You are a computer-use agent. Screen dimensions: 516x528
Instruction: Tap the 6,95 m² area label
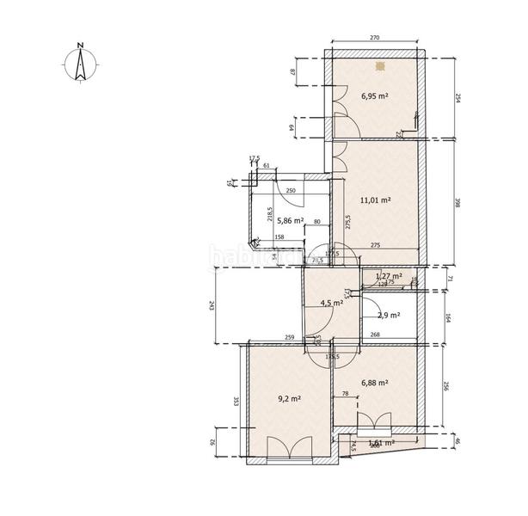pyautogui.click(x=375, y=96)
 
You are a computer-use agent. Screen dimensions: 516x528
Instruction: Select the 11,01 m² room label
pyautogui.click(x=376, y=200)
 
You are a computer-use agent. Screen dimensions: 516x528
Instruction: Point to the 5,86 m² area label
pyautogui.click(x=290, y=221)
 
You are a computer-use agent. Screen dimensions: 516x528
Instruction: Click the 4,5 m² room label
pyautogui.click(x=331, y=303)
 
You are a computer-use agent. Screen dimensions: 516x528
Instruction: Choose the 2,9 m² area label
pyautogui.click(x=390, y=316)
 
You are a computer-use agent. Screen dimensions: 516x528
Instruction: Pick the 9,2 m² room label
pyautogui.click(x=288, y=398)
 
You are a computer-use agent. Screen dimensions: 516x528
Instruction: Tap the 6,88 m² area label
pyautogui.click(x=375, y=383)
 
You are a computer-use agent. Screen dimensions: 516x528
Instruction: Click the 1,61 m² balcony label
pyautogui.click(x=380, y=443)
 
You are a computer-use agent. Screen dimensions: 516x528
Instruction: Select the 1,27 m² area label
pyautogui.click(x=390, y=276)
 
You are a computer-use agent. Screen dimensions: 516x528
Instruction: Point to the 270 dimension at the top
pyautogui.click(x=375, y=39)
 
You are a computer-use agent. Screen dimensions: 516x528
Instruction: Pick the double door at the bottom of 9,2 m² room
pyautogui.click(x=285, y=450)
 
